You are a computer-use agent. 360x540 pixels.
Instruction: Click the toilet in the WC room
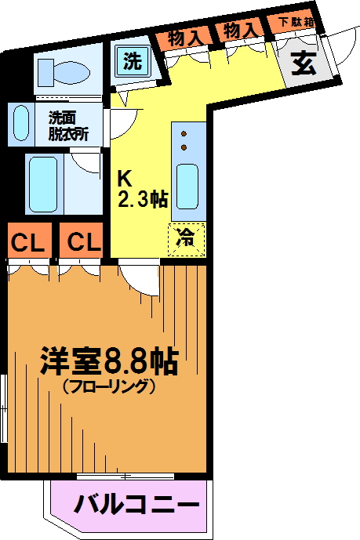[x=64, y=73]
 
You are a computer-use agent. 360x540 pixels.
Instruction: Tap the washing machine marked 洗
[x=133, y=61]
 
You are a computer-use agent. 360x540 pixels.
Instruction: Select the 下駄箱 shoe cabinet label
[x=296, y=23]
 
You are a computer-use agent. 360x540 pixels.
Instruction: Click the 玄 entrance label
[x=304, y=63]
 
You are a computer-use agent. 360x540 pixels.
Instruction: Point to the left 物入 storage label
[x=185, y=38]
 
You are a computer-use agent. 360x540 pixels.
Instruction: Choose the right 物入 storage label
[x=241, y=31]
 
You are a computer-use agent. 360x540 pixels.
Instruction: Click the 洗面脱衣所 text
[x=68, y=126]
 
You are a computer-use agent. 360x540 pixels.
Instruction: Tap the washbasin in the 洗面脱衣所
[x=21, y=123]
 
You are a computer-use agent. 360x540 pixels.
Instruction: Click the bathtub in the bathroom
[x=43, y=184]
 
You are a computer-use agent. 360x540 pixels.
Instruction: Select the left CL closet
[x=29, y=240]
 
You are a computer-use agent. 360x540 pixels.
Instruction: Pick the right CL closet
[x=82, y=240]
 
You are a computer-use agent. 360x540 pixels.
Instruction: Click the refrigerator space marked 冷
[x=187, y=240]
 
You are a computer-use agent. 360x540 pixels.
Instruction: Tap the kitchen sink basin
[x=187, y=187]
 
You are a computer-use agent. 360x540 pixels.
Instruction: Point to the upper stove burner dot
[x=184, y=133]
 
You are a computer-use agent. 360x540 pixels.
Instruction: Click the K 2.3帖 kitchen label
[x=143, y=189]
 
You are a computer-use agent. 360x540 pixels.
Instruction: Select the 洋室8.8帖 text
[x=109, y=361]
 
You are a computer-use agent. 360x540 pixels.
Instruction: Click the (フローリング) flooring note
[x=108, y=386]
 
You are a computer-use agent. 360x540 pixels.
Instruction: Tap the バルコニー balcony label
[x=136, y=505]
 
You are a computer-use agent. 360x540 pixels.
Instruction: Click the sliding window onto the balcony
[x=125, y=477]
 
